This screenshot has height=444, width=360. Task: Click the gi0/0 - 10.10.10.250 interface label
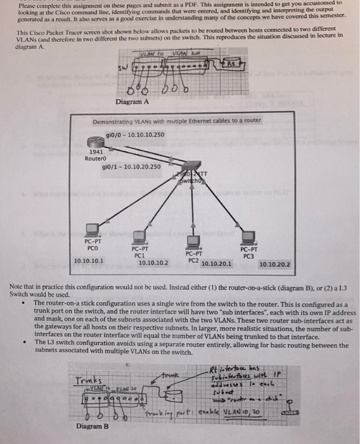136,134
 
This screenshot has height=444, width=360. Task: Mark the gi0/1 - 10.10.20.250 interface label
131,167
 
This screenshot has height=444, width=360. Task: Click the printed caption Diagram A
132,101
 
